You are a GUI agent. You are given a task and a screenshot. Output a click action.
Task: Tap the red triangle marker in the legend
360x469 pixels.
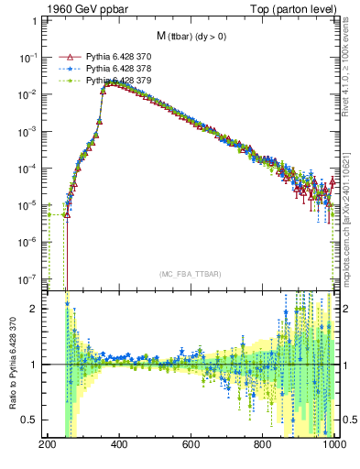[66, 57]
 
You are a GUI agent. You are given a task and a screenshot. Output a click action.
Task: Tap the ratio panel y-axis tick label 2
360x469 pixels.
[38, 309]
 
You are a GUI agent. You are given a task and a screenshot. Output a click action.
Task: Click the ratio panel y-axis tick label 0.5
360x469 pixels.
[33, 420]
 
